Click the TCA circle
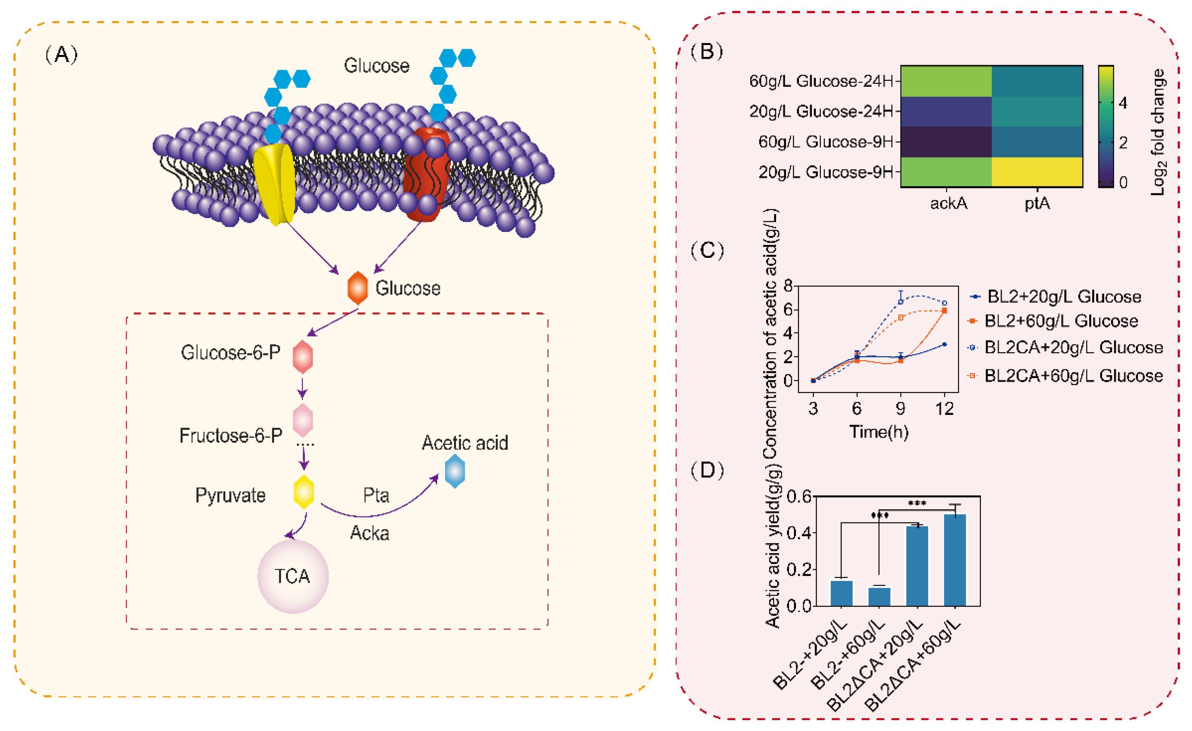(293, 576)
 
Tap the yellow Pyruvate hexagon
(304, 491)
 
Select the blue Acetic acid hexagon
(455, 471)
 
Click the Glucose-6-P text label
(230, 353)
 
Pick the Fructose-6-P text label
(231, 435)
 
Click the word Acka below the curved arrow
(370, 533)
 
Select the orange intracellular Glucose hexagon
(358, 288)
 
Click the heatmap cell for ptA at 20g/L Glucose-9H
(1037, 172)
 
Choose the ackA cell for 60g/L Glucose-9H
(946, 142)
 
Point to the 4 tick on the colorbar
(1123, 103)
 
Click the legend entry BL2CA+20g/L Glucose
(1073, 347)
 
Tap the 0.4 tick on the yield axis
(798, 533)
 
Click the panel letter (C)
(707, 250)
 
